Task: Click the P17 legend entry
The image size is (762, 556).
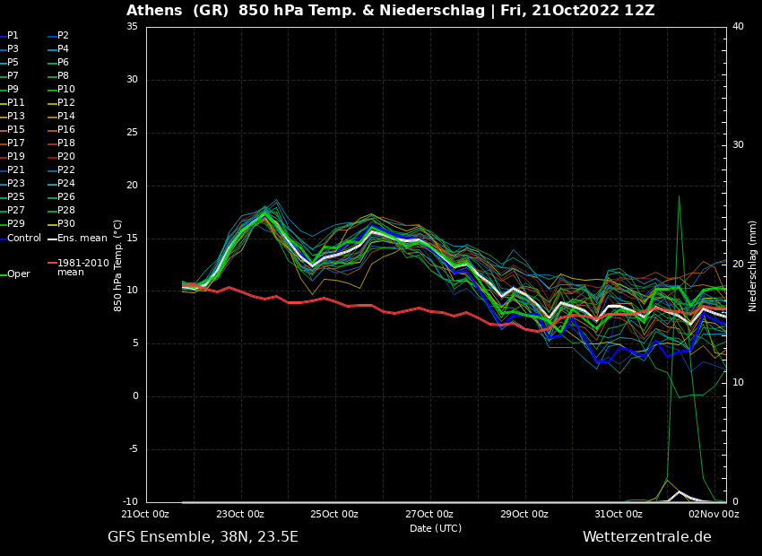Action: click(16, 143)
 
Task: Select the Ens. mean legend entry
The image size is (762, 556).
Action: click(82, 239)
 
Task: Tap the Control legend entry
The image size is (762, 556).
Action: click(24, 239)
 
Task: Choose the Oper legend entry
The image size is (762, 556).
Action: click(18, 274)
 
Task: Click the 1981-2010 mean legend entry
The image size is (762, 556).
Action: click(82, 267)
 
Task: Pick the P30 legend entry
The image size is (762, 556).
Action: click(65, 224)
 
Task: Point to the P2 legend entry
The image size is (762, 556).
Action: click(63, 36)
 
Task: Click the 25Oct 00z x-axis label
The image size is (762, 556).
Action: click(334, 514)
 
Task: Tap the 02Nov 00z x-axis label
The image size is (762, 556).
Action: click(714, 514)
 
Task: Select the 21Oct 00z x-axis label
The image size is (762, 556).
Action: click(145, 514)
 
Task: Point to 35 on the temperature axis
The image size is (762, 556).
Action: click(132, 27)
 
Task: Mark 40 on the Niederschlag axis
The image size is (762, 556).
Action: click(738, 27)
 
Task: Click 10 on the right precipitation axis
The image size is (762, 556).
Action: click(738, 383)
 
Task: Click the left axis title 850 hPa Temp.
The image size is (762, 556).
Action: click(118, 265)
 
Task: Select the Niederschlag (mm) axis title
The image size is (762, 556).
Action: click(753, 265)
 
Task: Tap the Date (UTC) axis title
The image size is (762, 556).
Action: click(436, 528)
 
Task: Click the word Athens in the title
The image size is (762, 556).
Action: click(156, 11)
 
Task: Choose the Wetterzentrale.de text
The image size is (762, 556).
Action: click(646, 537)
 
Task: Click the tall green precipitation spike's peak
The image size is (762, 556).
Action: click(679, 196)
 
